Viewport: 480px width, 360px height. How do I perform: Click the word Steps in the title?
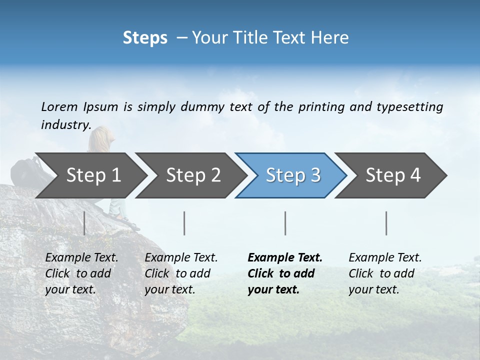click(145, 38)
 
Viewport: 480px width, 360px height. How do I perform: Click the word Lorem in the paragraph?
click(59, 106)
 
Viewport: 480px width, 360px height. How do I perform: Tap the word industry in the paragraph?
click(65, 124)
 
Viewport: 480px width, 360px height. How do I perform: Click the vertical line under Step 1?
click(84, 223)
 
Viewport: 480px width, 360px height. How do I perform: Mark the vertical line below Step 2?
click(184, 223)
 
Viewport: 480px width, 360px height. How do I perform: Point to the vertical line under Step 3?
click(285, 223)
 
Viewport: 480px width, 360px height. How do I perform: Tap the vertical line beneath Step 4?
click(386, 223)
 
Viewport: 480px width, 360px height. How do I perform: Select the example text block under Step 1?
click(81, 273)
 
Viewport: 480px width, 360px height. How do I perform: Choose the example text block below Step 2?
click(181, 273)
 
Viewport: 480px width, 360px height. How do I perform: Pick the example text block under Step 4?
click(385, 273)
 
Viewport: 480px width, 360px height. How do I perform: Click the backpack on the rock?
click(25, 172)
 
